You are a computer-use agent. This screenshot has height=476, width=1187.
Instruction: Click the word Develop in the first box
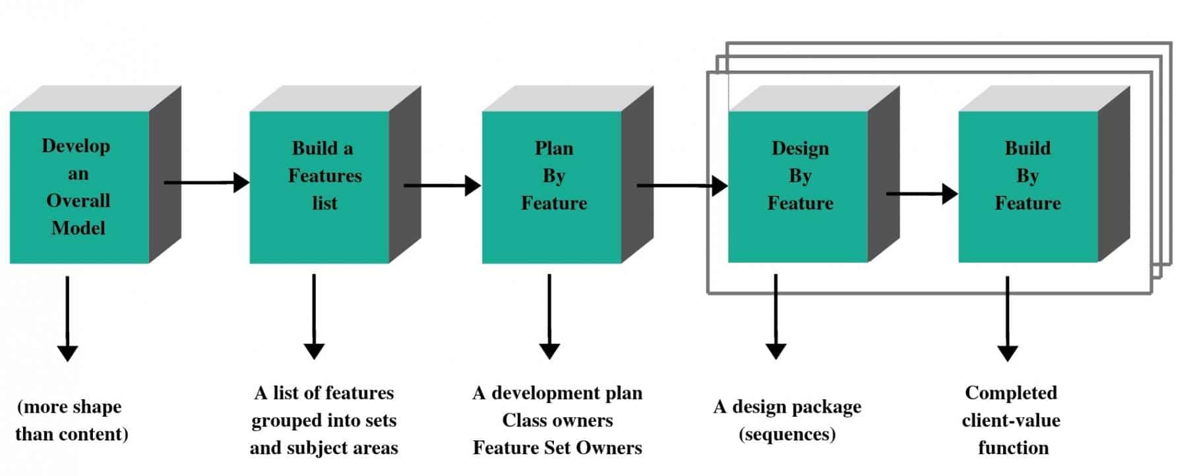coord(76,146)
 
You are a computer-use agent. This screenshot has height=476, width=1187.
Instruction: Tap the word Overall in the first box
coord(78,200)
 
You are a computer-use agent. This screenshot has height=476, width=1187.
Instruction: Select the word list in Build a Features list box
coord(324,203)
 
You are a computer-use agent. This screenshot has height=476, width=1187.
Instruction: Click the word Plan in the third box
coord(554,148)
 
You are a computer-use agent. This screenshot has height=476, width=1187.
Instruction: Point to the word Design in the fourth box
coord(800,148)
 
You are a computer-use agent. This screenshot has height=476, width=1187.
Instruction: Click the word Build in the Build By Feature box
coord(1027,148)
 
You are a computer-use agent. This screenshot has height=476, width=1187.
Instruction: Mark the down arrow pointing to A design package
coord(776,316)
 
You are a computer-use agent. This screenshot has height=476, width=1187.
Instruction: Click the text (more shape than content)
coord(71,420)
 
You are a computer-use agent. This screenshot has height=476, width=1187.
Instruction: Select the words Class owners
coord(557,420)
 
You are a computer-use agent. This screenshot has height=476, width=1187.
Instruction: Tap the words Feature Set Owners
coord(557,448)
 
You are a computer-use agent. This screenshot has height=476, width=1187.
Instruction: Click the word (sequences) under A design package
coord(787,434)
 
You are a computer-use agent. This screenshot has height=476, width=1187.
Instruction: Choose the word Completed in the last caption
coord(1010,393)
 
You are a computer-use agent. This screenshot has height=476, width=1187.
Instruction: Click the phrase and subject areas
coord(324,448)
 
